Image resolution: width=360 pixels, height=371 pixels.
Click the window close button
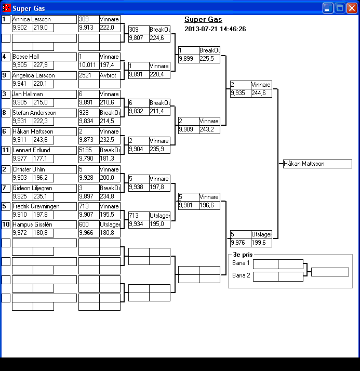[351, 8]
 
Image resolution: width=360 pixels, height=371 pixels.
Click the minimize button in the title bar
[328, 8]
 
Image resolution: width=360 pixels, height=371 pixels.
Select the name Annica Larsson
[44, 19]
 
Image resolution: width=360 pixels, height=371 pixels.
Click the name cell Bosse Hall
[44, 57]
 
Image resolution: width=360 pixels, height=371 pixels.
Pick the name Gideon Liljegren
[44, 188]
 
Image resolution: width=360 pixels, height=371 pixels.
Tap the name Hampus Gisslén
[44, 224]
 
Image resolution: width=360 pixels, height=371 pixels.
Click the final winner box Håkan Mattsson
[317, 164]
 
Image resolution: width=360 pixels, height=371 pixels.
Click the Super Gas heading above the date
[203, 20]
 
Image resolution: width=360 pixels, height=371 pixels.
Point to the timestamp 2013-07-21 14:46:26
[215, 29]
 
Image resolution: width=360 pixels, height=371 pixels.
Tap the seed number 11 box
[6, 150]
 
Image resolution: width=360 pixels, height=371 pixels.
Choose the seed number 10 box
[6, 224]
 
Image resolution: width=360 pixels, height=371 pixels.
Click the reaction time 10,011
[88, 65]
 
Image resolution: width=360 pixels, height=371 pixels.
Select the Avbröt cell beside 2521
[110, 75]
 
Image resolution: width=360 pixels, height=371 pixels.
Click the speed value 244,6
[261, 94]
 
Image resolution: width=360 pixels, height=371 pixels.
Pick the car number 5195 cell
[88, 150]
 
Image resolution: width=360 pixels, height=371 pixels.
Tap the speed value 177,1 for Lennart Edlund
[43, 158]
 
